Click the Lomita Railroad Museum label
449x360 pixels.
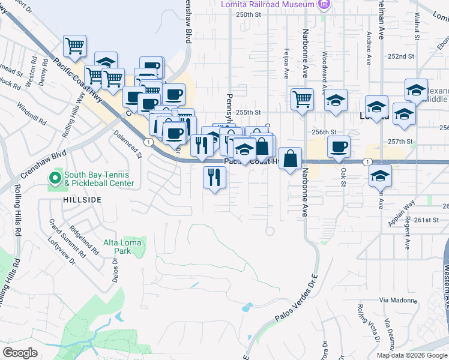click(268, 4)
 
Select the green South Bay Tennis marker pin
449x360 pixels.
click(55, 178)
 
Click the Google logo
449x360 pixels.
click(20, 352)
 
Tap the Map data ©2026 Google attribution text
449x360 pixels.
click(412, 355)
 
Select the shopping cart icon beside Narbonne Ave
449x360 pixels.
click(302, 98)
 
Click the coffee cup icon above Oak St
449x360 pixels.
click(339, 146)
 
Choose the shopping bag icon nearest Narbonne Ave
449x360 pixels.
click(290, 159)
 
